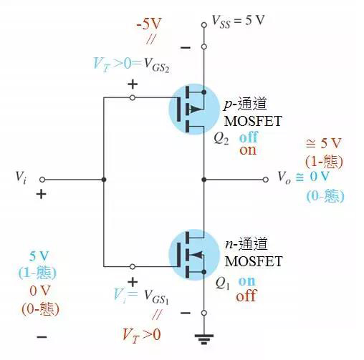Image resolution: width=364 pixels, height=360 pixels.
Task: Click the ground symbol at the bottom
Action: pos(204,339)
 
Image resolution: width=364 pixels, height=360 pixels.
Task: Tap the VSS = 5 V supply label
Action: pos(239,21)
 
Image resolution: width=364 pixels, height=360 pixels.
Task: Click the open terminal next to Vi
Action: pos(42,180)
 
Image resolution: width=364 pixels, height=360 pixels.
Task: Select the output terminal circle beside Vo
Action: pos(265,180)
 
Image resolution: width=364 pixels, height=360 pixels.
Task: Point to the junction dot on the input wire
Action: pos(104,180)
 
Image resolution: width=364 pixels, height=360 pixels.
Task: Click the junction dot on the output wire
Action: pos(204,180)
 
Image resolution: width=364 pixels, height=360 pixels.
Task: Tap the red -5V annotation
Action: pos(149,24)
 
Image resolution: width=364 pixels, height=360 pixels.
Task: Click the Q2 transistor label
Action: pos(221,138)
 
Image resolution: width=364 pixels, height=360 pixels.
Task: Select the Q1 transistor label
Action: pos(222,283)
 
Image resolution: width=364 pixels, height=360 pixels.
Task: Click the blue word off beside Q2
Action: pos(249,137)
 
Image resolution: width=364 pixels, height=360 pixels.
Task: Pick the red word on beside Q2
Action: pos(248,150)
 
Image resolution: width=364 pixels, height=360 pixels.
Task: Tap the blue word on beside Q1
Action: pos(247,281)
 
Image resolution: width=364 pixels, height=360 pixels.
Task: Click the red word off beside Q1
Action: pos(246,296)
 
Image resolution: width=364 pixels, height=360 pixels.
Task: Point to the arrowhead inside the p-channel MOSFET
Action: pos(196,110)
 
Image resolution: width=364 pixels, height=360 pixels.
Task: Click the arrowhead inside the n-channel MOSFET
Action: pos(196,255)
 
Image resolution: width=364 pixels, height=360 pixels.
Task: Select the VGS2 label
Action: pos(156,65)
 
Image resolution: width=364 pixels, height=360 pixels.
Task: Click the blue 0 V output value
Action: pos(320,177)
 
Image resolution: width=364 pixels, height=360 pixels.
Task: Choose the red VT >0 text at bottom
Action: pos(141,335)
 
